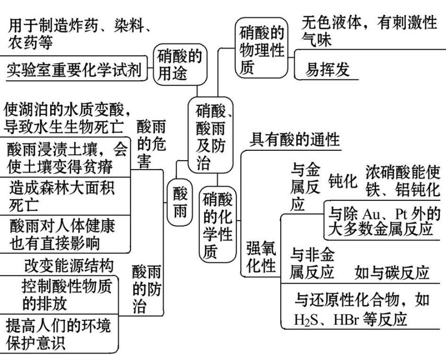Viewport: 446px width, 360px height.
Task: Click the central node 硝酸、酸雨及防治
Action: click(211, 136)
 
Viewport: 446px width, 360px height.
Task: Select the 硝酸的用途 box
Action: click(178, 64)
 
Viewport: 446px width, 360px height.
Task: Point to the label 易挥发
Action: click(327, 71)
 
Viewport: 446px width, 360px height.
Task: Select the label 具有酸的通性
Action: click(295, 139)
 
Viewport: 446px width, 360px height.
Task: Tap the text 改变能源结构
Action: click(68, 266)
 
